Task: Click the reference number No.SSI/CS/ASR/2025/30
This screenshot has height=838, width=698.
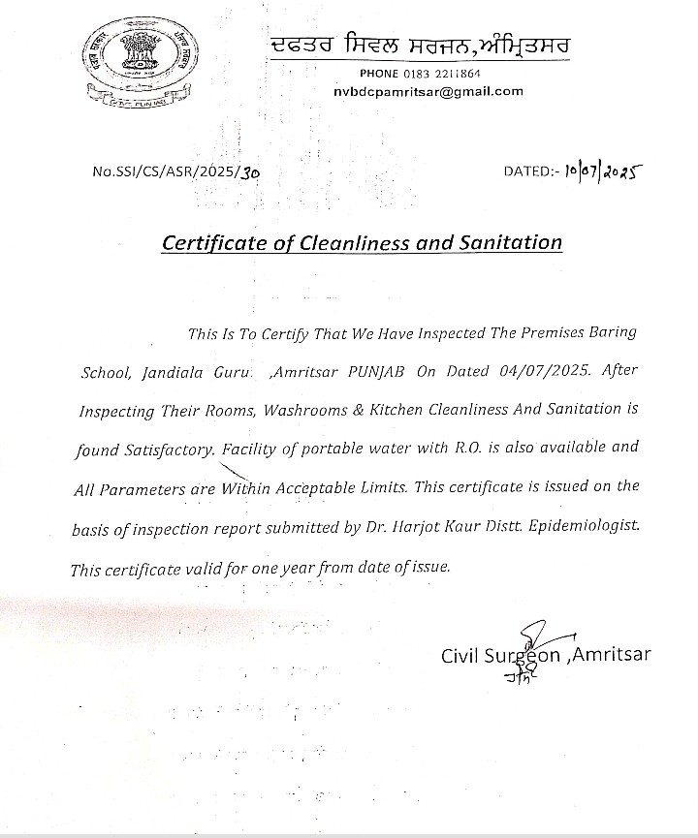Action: coord(176,172)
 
